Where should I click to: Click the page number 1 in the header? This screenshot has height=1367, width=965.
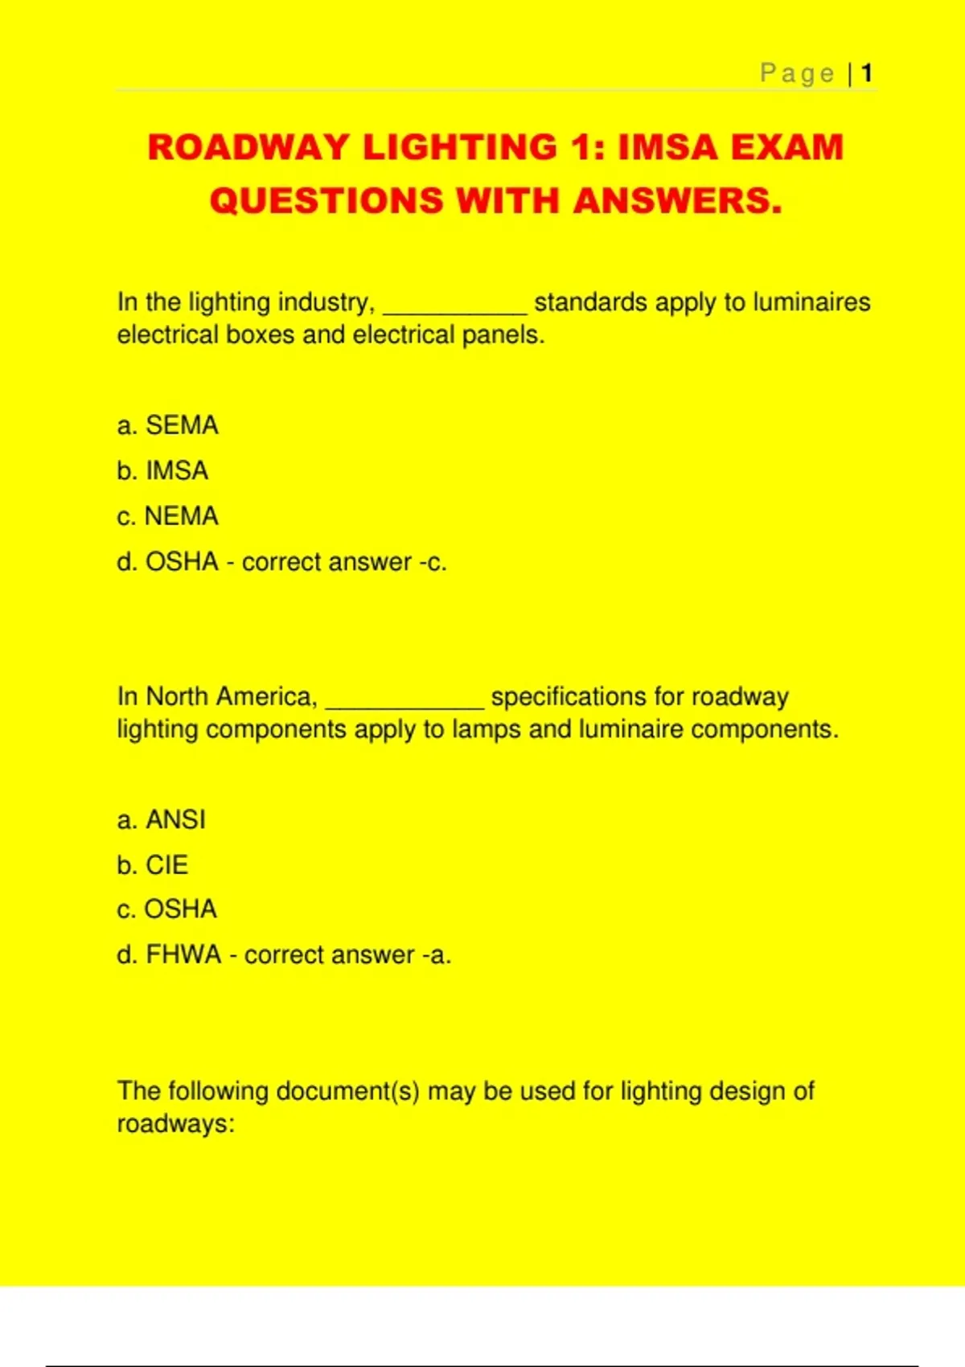[x=866, y=74]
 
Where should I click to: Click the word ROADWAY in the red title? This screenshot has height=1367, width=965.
[x=248, y=148]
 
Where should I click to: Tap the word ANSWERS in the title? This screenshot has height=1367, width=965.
[x=677, y=201]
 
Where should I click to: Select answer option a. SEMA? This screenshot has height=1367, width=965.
[x=167, y=425]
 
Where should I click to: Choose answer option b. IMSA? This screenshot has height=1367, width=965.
[x=162, y=470]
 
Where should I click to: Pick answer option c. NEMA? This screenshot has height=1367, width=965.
[x=167, y=516]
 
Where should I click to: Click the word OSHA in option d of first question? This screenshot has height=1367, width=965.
[x=182, y=561]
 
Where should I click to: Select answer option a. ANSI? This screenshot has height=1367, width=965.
[x=161, y=819]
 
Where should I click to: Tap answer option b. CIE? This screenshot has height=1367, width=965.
[x=152, y=865]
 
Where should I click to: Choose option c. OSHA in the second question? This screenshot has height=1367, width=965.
[x=166, y=909]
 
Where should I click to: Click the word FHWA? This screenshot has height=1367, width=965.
[x=183, y=954]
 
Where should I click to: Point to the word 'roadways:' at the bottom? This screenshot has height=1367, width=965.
[x=175, y=1123]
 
